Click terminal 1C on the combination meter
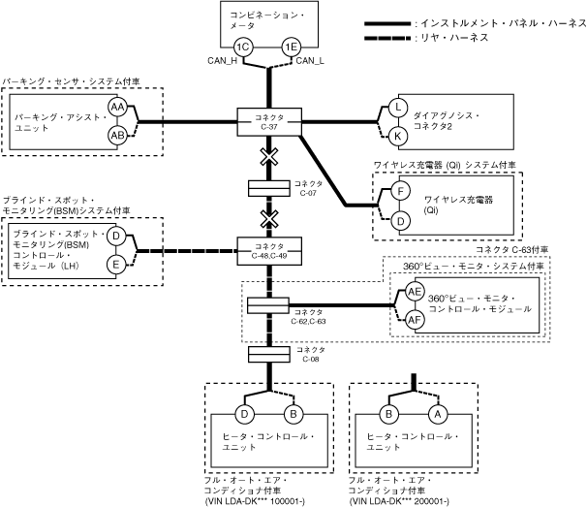pos(243,47)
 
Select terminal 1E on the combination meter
pos(290,47)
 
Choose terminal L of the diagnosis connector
pos(398,107)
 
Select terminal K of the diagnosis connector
pos(398,136)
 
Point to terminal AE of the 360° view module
pos(416,292)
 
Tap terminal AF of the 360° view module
pos(416,320)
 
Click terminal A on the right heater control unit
pos(435,414)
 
